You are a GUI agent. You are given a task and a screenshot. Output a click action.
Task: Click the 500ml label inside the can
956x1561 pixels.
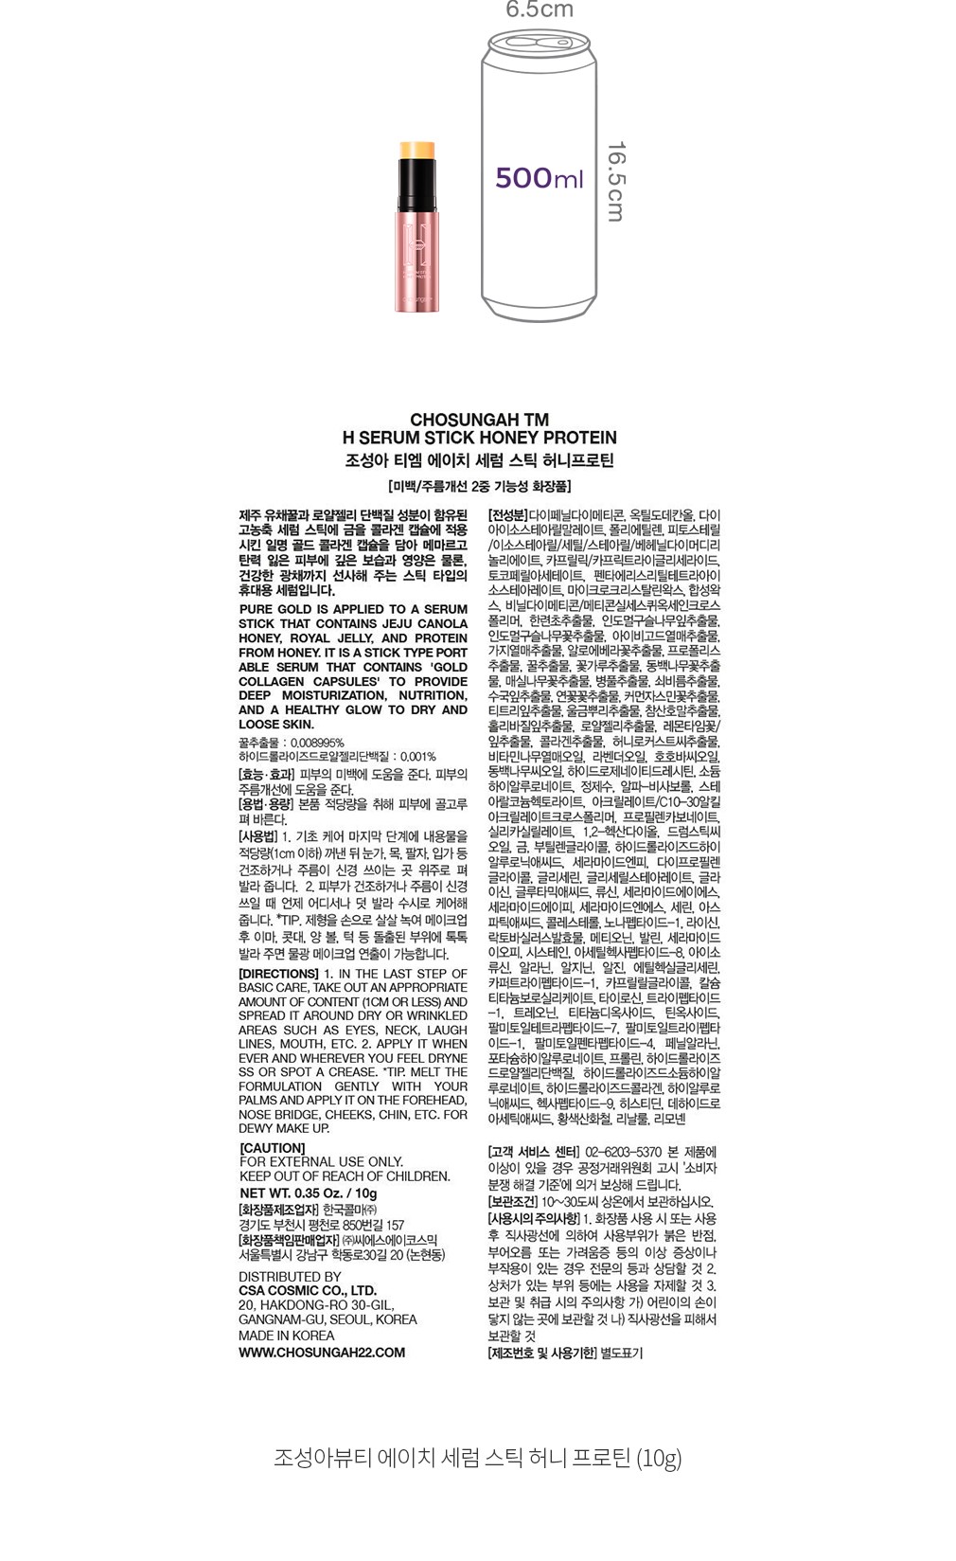coord(539,178)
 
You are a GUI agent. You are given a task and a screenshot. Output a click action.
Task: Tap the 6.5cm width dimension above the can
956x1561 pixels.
coord(540,10)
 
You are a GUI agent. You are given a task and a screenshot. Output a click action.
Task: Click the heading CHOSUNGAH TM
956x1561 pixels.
coord(479,420)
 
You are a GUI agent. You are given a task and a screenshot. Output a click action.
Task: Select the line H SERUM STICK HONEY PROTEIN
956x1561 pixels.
coord(479,438)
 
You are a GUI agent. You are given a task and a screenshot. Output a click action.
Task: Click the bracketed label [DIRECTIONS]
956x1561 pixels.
coord(278,974)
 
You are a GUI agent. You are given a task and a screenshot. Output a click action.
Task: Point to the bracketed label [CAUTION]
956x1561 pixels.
coord(273,1148)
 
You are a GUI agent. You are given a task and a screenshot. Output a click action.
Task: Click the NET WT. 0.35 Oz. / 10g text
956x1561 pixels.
coord(309,1193)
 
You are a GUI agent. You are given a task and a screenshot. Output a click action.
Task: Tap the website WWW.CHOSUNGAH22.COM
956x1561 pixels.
coord(322,1353)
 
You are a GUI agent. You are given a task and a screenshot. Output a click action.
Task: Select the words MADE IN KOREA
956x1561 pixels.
coord(286,1336)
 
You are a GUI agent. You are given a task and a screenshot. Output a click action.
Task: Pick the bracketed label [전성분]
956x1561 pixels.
coord(507,516)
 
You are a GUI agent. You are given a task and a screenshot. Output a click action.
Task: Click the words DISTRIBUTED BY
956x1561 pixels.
coord(290,1277)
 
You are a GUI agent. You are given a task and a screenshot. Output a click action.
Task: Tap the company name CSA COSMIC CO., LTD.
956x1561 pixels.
coord(308,1290)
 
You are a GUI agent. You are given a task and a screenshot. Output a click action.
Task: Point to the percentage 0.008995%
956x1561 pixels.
coord(317,743)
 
